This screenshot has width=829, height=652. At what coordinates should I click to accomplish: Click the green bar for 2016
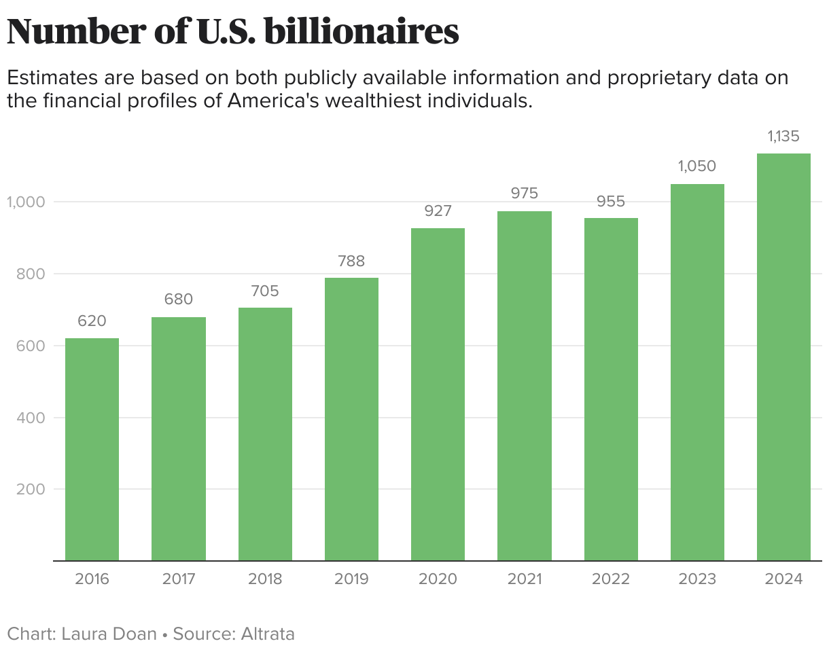point(92,449)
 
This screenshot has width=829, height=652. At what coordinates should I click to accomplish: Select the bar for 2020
point(438,394)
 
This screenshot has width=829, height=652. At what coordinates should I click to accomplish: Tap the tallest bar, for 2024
point(783,357)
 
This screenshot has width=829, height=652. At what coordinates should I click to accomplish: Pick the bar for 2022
point(611,389)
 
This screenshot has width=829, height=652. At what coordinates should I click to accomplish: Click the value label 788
point(351,261)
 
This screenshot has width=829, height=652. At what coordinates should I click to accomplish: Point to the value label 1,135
point(783,137)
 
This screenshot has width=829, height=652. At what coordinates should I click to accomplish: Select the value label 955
point(611,202)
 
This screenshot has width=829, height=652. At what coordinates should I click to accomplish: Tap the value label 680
point(179,300)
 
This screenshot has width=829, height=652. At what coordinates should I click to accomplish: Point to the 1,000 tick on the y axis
point(26,202)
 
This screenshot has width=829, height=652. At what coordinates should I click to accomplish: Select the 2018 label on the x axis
point(265,579)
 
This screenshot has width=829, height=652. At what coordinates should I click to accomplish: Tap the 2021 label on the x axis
point(524,579)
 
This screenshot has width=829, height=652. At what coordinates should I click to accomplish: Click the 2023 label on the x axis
point(697,579)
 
